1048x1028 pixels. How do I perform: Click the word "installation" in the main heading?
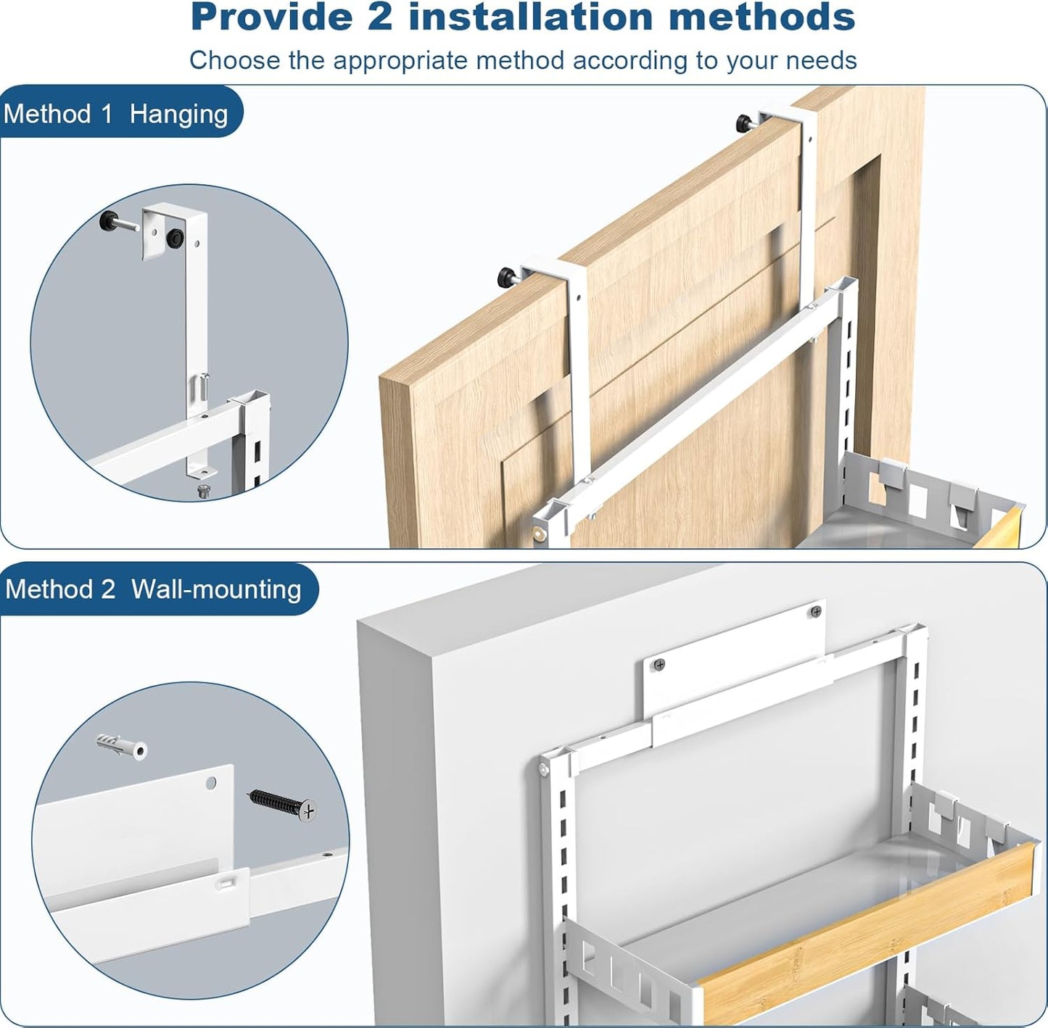pos(530,17)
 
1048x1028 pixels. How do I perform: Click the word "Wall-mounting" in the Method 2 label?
pos(216,589)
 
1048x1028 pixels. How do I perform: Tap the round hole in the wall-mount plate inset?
pos(211,784)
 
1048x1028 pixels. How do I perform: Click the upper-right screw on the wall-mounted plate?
pos(816,612)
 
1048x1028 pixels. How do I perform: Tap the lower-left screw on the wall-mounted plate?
pos(659,664)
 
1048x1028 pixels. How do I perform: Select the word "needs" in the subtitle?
pos(823,61)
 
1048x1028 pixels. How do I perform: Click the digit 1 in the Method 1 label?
pos(106,115)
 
